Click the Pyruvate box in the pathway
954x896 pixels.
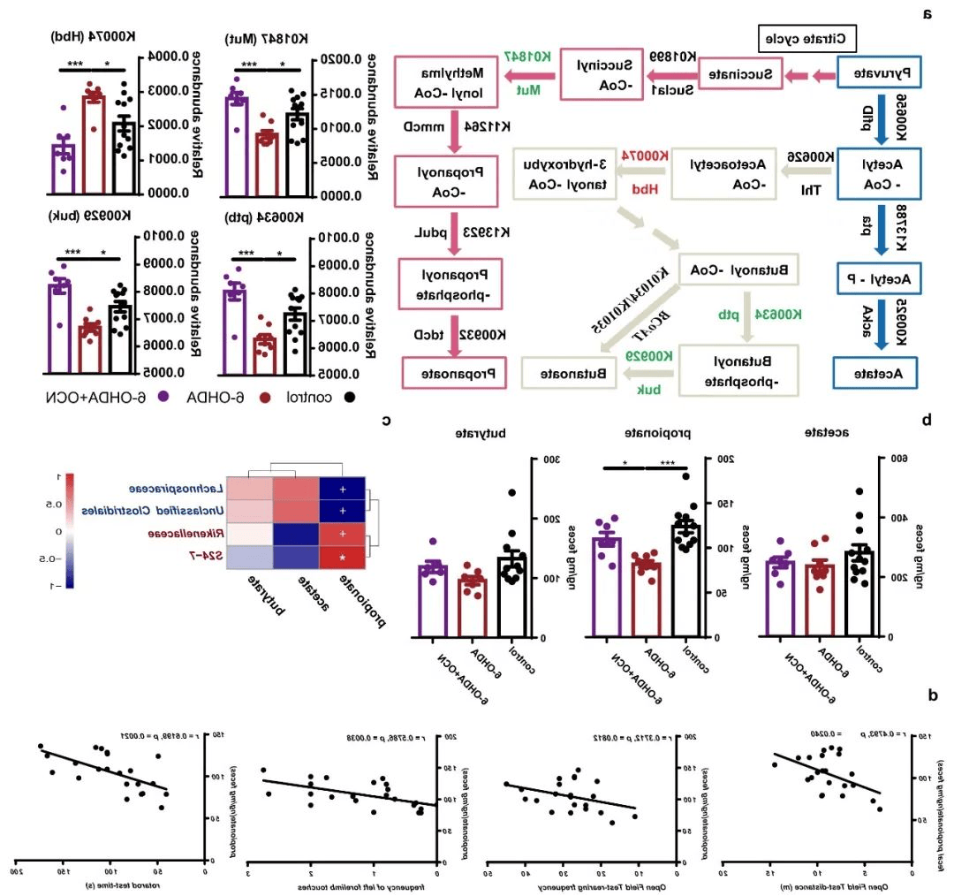tap(878, 74)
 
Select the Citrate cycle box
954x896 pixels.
tap(808, 39)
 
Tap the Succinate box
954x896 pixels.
tap(742, 75)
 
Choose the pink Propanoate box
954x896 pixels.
tap(451, 373)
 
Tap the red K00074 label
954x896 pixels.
tap(642, 156)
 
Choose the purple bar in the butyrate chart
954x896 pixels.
tap(432, 601)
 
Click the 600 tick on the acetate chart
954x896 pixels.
tap(900, 459)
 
